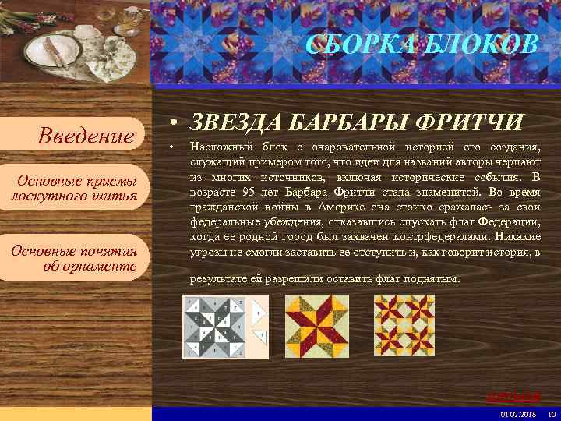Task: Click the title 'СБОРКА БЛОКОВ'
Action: [x=422, y=44]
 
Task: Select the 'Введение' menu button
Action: [x=86, y=137]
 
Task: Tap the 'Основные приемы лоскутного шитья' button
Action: [x=74, y=188]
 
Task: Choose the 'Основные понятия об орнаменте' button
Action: [x=74, y=258]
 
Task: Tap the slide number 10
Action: [x=552, y=413]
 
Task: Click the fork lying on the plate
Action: [x=51, y=51]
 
